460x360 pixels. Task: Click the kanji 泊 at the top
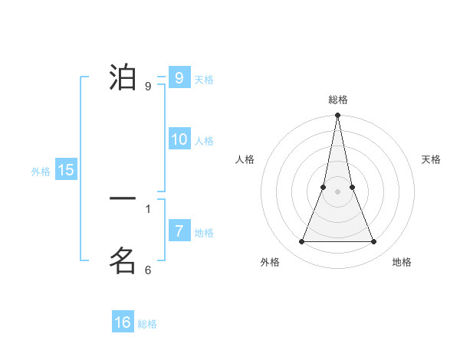(123, 78)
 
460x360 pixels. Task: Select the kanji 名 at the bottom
(123, 261)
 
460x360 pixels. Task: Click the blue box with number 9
(179, 78)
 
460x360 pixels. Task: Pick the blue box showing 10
(179, 139)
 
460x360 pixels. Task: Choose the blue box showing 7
(179, 231)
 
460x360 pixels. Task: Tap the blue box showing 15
(66, 170)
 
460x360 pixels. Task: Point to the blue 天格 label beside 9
(204, 80)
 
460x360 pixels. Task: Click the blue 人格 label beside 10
(204, 141)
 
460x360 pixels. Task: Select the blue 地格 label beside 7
(204, 233)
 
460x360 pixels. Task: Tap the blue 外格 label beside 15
(41, 172)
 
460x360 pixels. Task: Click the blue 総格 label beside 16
(147, 324)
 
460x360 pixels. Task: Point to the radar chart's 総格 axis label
(338, 100)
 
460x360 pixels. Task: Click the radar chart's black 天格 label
(431, 159)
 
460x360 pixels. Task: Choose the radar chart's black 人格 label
(245, 159)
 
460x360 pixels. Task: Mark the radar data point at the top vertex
(338, 116)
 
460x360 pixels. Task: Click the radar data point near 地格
(374, 242)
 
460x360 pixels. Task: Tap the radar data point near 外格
(301, 242)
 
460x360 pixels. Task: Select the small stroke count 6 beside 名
(148, 270)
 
